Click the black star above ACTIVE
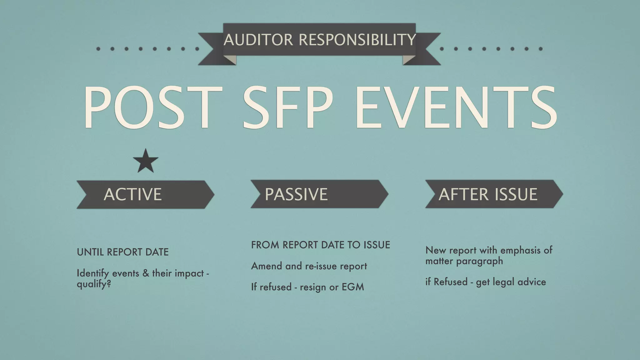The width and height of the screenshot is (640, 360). [x=146, y=162]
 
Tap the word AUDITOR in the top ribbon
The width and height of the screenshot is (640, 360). [x=258, y=40]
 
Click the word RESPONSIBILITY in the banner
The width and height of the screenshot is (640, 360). [x=357, y=40]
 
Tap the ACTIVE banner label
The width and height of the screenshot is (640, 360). [x=133, y=194]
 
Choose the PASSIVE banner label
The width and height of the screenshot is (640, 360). [x=296, y=194]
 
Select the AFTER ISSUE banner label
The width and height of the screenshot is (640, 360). [x=488, y=194]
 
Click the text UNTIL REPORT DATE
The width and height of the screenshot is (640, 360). [x=123, y=252]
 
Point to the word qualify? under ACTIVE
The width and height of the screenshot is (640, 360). [x=94, y=284]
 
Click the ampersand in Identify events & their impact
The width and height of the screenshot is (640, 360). [x=146, y=273]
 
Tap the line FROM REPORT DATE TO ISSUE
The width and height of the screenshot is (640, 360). [x=321, y=245]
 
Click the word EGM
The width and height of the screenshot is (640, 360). [x=353, y=287]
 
